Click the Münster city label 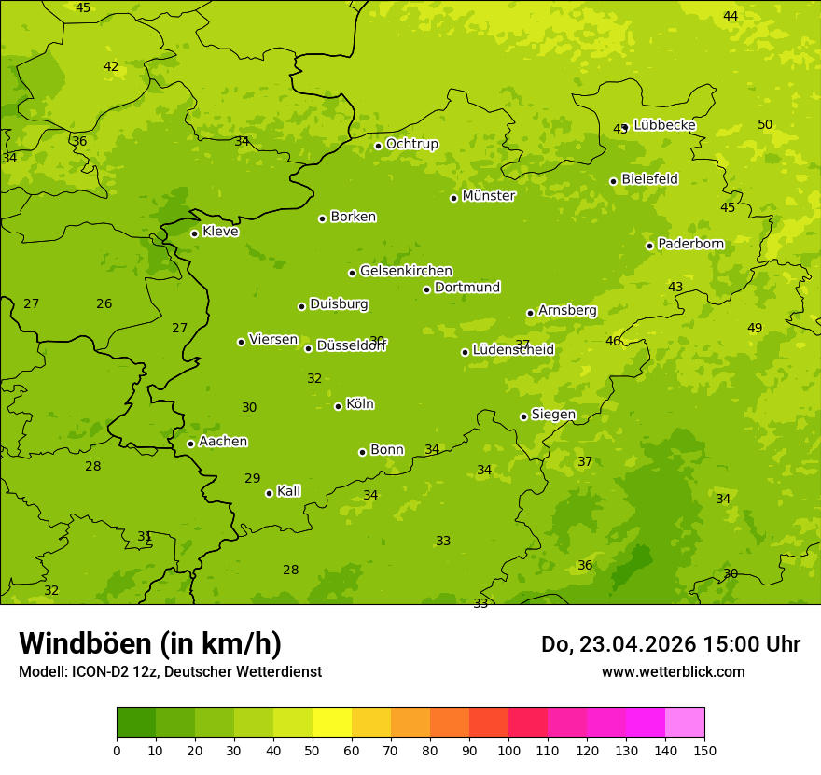click(488, 196)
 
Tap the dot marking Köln click(338, 406)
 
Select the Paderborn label click(690, 244)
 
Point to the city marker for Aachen click(190, 444)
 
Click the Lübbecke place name click(664, 125)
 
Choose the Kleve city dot click(194, 233)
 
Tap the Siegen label click(553, 415)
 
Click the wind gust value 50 click(765, 124)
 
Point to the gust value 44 click(731, 16)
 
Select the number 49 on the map click(755, 328)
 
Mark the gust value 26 click(104, 303)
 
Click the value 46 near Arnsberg click(613, 341)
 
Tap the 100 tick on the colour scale click(508, 750)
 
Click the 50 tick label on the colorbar click(313, 750)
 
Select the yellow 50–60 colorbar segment click(332, 723)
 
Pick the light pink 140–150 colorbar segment click(685, 723)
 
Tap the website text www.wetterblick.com click(673, 671)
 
